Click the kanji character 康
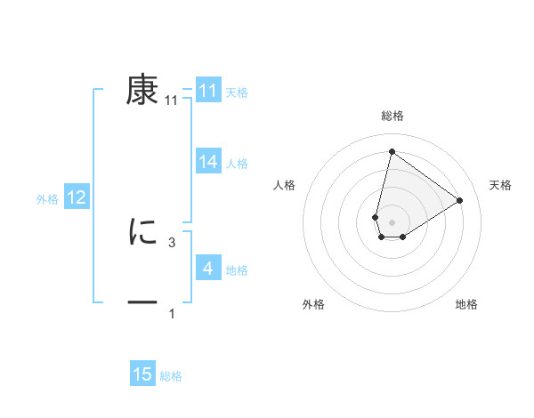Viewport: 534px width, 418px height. coord(142,91)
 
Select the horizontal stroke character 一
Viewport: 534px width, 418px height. coord(142,303)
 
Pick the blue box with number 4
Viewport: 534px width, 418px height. coord(208,268)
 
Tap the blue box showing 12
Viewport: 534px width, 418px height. coord(77,197)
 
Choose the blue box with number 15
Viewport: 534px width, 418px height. coord(142,374)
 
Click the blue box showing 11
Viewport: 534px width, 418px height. coord(208,91)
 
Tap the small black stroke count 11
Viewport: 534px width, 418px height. coord(172,100)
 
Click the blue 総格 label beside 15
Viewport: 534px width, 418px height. coord(171,376)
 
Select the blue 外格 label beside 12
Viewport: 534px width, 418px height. coord(47,199)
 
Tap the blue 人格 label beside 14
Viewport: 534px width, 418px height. coord(237,164)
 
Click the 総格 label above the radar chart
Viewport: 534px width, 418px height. coord(392,117)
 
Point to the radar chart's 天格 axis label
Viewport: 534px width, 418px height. coord(500,185)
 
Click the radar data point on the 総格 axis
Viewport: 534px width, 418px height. coord(392,151)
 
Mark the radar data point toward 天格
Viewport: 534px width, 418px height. coord(459,200)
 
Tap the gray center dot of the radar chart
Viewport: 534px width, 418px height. coord(392,221)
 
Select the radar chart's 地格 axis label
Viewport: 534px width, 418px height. coord(466,305)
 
